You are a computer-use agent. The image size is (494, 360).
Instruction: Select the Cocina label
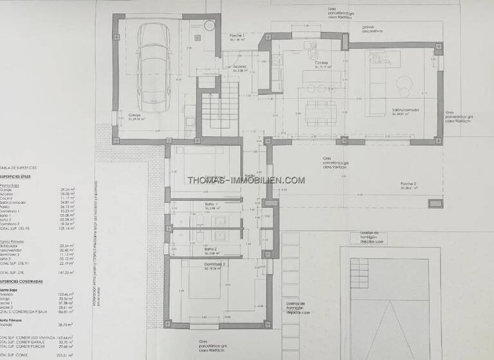[x=322, y=64]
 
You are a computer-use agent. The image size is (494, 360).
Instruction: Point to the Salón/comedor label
[x=405, y=110]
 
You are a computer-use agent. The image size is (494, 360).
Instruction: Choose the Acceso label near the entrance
[x=240, y=67]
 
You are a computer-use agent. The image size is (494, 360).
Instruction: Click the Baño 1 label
[x=213, y=206]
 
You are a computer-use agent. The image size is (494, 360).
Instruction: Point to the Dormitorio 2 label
[x=215, y=265]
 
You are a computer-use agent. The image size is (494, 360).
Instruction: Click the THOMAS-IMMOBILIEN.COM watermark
[x=246, y=180]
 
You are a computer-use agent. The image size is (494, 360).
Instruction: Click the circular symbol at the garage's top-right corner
[x=209, y=26]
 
